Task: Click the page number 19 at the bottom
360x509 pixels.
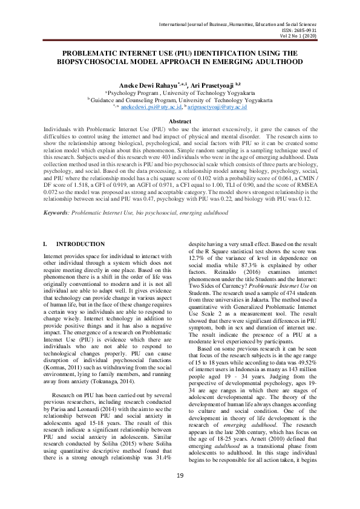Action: pyautogui.click(x=180, y=493)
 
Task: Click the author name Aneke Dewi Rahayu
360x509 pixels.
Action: pyautogui.click(x=154, y=86)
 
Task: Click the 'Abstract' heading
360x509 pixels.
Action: pyautogui.click(x=180, y=122)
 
